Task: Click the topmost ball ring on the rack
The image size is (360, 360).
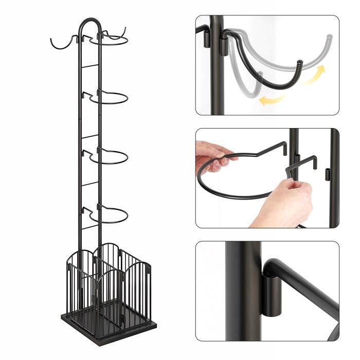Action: click(x=110, y=44)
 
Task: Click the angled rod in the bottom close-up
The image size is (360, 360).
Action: click(x=309, y=288)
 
